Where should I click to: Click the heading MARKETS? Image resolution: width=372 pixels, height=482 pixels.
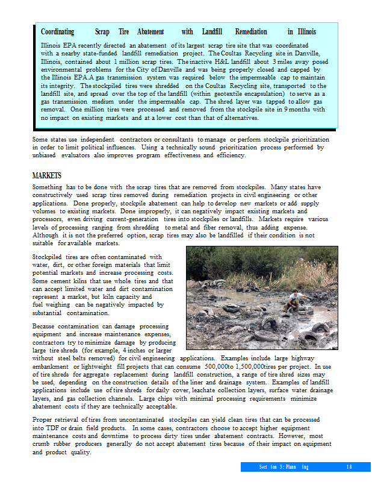pos(47,175)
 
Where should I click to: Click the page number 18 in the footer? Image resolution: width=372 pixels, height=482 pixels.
pos(349,467)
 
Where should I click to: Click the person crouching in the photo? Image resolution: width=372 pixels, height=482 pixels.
pos(296,301)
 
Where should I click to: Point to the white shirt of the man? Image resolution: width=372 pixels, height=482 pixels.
pos(296,299)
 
